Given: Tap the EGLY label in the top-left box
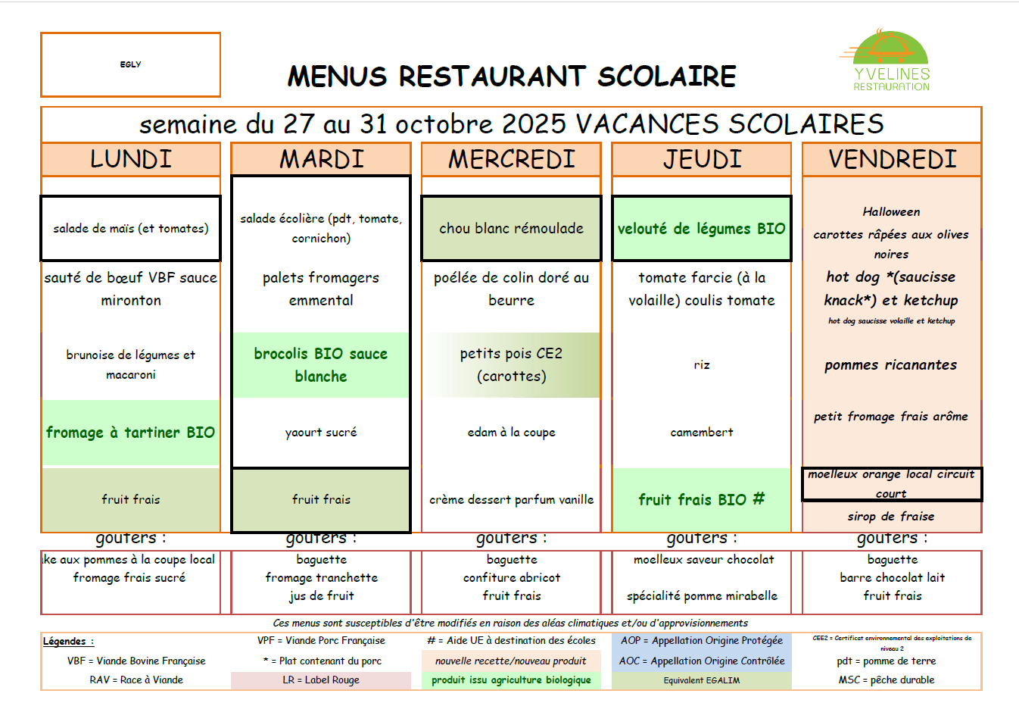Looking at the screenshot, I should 130,64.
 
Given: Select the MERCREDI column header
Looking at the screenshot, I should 511,159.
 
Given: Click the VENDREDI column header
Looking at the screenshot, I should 892,159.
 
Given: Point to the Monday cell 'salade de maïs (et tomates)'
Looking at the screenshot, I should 130,228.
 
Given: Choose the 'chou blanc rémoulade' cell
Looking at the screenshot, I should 511,228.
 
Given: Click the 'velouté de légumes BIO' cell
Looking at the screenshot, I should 701,228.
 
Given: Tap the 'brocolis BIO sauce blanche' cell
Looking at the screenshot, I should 321,365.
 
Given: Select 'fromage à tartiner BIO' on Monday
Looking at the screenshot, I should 130,433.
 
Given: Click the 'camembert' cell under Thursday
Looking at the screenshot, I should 701,433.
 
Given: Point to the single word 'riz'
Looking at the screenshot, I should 702,365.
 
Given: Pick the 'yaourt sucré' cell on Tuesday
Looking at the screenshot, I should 321,433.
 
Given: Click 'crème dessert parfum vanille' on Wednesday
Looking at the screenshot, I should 511,500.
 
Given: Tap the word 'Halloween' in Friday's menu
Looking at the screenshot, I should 891,212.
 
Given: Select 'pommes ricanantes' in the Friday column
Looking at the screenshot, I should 890,365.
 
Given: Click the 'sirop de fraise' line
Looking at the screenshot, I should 891,517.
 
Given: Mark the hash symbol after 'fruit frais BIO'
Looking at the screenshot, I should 759,498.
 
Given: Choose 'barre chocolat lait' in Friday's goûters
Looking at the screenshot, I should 892,577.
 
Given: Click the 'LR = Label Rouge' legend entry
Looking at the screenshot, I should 321,680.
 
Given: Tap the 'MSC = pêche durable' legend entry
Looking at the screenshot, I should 886,680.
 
